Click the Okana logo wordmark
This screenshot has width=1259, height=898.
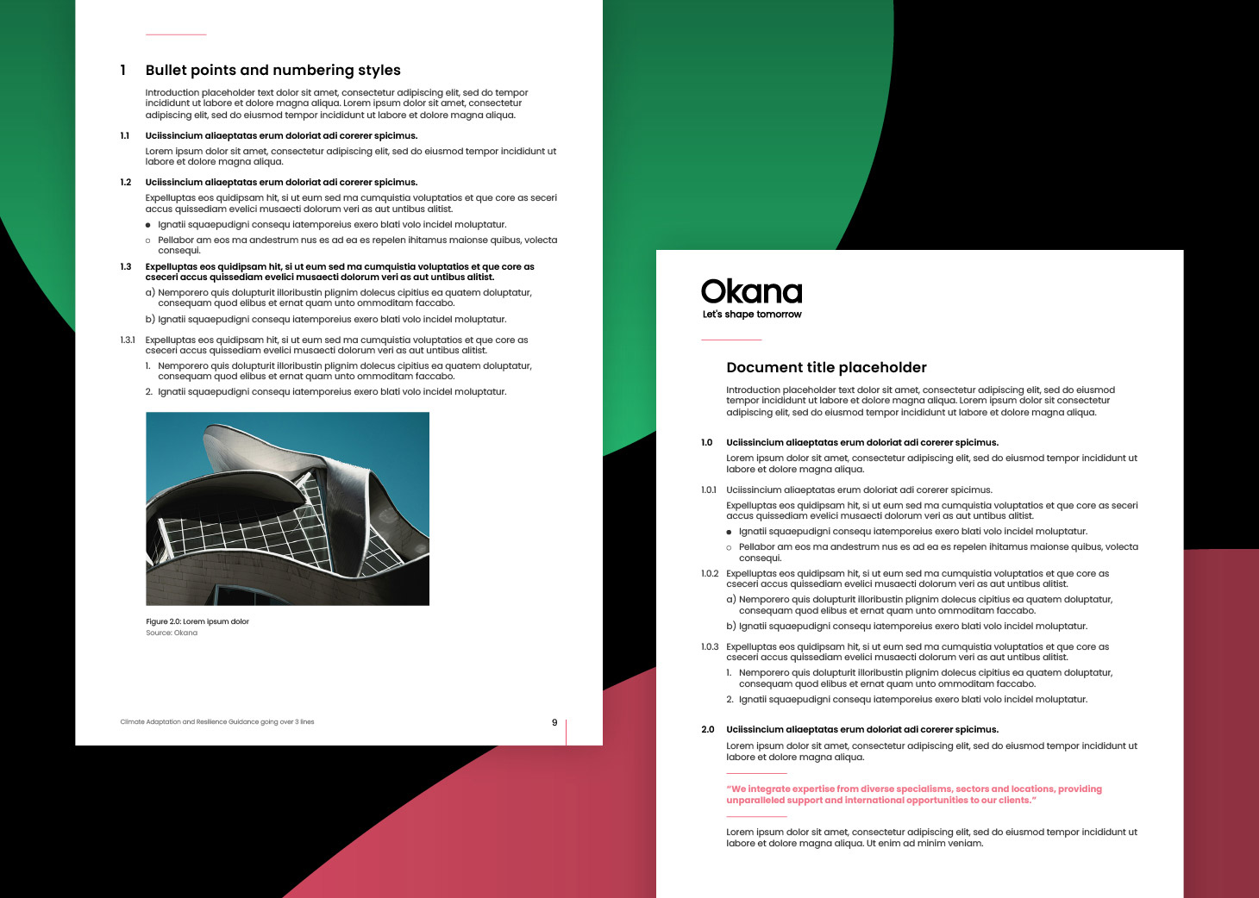coord(751,292)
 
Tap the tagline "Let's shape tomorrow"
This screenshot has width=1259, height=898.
coord(752,315)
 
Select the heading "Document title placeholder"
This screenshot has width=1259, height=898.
coord(826,367)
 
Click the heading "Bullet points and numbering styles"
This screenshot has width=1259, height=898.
coord(272,70)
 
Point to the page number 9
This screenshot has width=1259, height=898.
coord(554,722)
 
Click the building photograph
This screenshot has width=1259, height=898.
coord(287,508)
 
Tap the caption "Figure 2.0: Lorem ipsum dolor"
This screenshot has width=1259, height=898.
coord(197,621)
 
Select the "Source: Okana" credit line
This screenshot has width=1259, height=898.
coord(172,633)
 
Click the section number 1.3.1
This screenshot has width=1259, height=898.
coord(128,340)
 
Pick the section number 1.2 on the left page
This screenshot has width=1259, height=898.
coord(126,183)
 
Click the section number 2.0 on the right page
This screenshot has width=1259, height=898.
coord(708,729)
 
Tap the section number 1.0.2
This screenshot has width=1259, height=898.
coord(710,573)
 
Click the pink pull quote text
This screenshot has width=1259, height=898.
coord(913,795)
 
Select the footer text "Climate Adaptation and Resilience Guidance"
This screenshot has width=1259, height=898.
coord(216,722)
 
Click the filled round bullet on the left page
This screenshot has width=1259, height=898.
coord(148,225)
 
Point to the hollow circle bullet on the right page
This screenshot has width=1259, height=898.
coord(729,547)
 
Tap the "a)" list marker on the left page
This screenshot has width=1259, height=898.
coord(150,293)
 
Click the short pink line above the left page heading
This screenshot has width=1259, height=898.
coord(176,34)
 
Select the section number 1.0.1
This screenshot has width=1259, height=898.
coord(709,490)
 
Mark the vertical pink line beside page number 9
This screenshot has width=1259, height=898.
coord(566,731)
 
